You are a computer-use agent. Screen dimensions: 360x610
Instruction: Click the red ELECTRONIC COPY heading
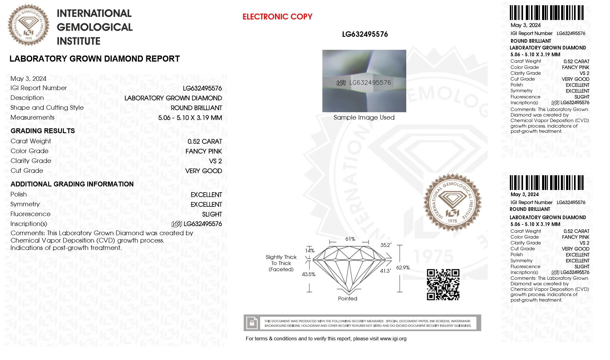pos(277,17)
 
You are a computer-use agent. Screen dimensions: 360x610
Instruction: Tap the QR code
pos(443,284)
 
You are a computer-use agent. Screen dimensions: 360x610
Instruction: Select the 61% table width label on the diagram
pos(350,239)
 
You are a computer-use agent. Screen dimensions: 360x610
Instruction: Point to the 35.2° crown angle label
pos(386,245)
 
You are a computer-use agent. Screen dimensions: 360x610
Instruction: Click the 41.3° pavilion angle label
pos(385,271)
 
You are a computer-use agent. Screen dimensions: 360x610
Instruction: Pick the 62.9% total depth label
pos(403,267)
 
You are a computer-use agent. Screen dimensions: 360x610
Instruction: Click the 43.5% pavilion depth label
pos(309,274)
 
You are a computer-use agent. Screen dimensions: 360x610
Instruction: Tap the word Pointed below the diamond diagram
pos(347,299)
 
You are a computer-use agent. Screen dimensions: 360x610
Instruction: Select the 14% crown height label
pos(310,251)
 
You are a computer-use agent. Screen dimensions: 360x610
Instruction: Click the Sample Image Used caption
pos(364,117)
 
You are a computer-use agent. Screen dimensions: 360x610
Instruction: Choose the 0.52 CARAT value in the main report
pos(205,141)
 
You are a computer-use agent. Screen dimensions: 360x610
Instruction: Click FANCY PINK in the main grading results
pos(203,151)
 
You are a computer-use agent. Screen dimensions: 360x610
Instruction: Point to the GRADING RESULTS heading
pos(43,131)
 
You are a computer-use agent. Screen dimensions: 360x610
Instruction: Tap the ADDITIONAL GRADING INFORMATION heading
pos(72,184)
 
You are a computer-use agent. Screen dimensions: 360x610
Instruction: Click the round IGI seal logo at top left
pos(28,25)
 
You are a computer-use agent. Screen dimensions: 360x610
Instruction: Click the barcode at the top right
pos(546,13)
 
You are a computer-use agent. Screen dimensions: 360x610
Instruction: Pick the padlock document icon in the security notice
pos(252,323)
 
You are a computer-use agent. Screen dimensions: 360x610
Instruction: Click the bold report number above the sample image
pos(365,34)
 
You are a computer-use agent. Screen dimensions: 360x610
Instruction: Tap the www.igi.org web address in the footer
pos(393,339)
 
